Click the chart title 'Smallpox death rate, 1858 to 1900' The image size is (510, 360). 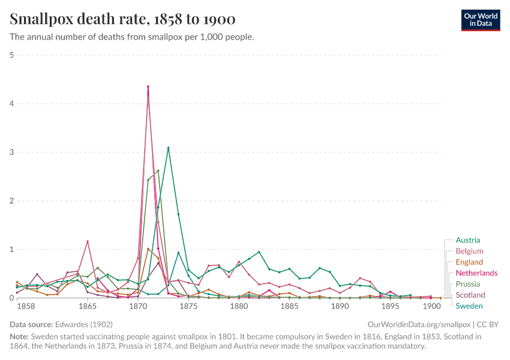tap(122, 19)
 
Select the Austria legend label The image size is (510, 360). tap(467, 240)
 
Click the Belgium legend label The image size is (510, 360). tap(469, 251)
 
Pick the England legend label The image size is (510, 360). tap(469, 262)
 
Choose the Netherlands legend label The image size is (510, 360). tap(476, 273)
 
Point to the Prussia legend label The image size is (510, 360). tap(468, 284)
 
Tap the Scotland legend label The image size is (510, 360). tap(470, 295)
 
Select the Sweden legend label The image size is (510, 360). tap(469, 306)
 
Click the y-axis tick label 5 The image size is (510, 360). tap(12, 55)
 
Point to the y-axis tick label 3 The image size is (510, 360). tap(12, 152)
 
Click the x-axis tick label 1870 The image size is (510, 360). tap(138, 306)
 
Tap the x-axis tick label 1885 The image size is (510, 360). tap(289, 306)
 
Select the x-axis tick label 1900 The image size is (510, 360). tap(431, 306)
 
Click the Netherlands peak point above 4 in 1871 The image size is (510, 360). tap(148, 87)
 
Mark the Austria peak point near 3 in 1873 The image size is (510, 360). tap(168, 148)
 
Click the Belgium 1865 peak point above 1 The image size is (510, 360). tap(88, 241)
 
